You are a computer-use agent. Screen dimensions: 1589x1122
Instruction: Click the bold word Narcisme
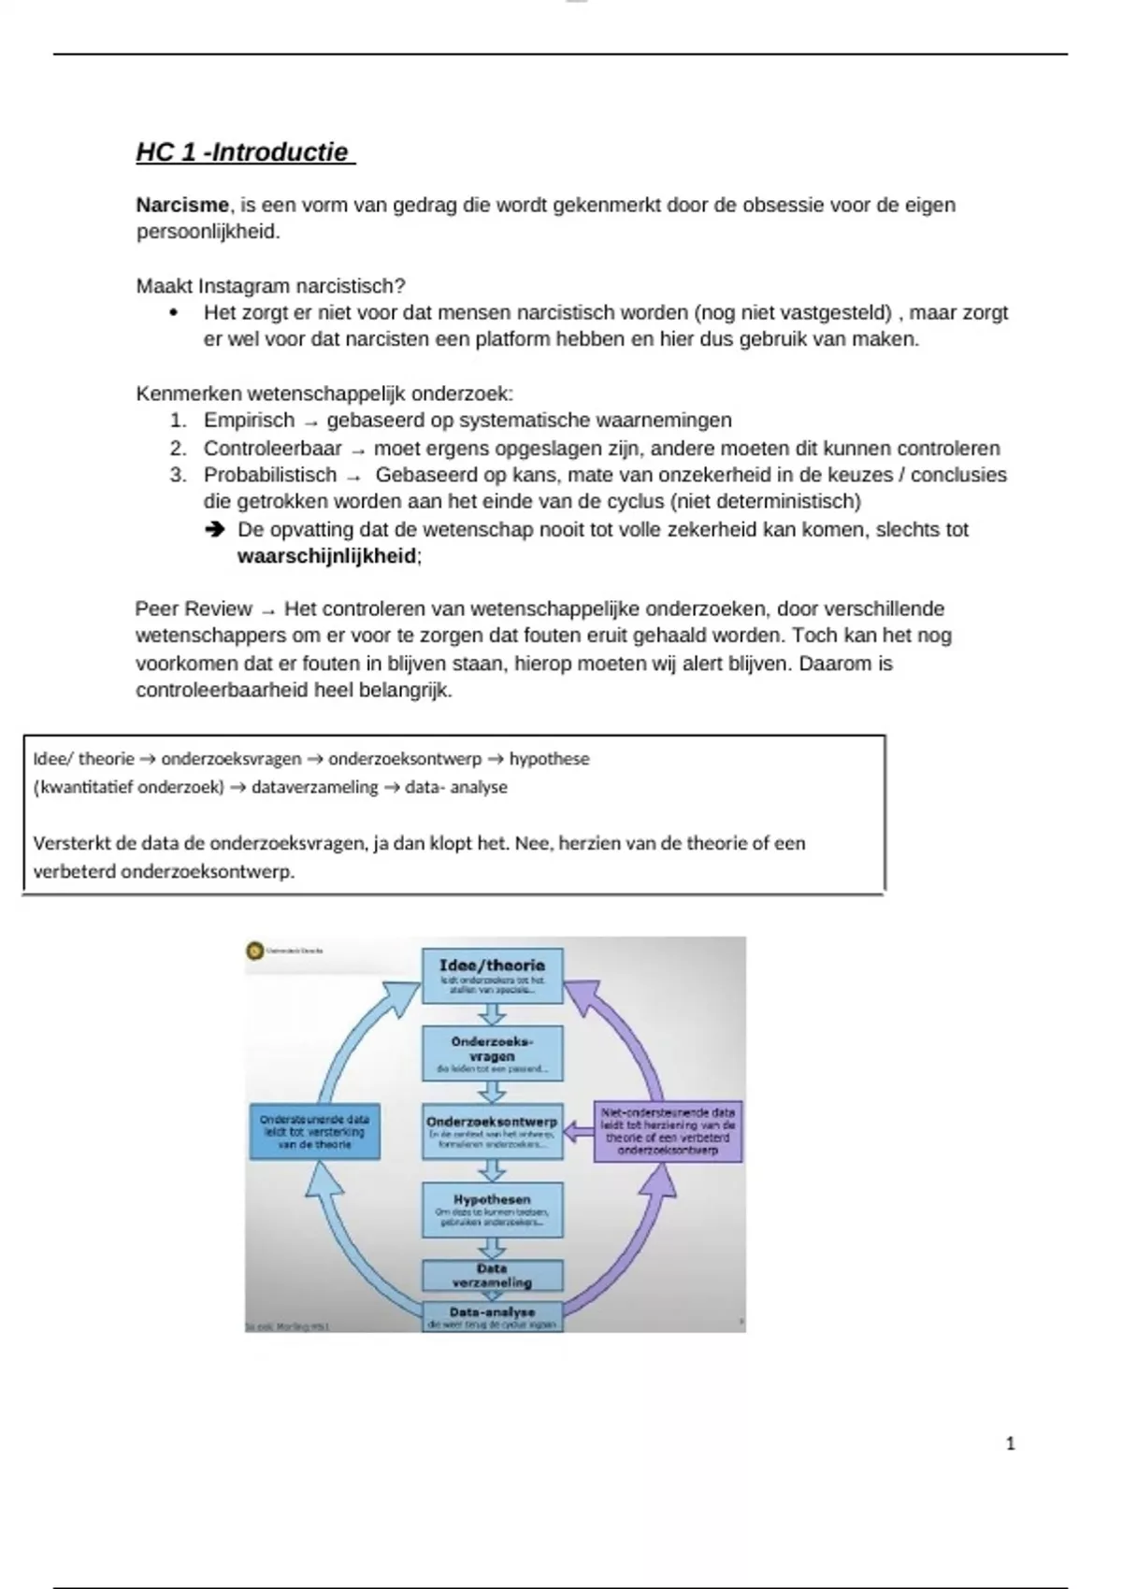[182, 205]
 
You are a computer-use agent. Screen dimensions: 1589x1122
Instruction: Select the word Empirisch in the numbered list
[249, 421]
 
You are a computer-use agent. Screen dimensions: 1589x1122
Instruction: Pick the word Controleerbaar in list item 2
[273, 449]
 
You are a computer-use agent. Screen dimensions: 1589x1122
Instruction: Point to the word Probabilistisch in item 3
[270, 475]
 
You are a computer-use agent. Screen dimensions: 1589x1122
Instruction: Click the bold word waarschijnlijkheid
[326, 556]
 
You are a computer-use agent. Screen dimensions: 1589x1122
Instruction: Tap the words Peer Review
[194, 609]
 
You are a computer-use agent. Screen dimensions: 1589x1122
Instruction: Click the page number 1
[1010, 1444]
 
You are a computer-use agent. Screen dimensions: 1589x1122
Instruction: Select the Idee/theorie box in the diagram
[492, 976]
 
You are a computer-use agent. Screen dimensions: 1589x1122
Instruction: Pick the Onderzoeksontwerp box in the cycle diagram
[492, 1131]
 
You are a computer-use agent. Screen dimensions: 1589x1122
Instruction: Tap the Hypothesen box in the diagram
[492, 1210]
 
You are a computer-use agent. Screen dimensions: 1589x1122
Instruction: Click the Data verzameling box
[492, 1275]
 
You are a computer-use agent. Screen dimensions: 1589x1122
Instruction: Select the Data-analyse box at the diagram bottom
[492, 1316]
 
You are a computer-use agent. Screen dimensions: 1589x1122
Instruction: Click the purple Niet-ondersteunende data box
[668, 1131]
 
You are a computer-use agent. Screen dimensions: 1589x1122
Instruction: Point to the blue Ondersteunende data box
[314, 1131]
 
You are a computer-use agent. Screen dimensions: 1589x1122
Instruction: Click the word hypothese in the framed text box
[549, 759]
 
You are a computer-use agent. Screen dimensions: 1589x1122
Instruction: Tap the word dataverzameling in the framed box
[314, 787]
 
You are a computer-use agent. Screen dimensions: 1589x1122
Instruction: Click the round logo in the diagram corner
[254, 951]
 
